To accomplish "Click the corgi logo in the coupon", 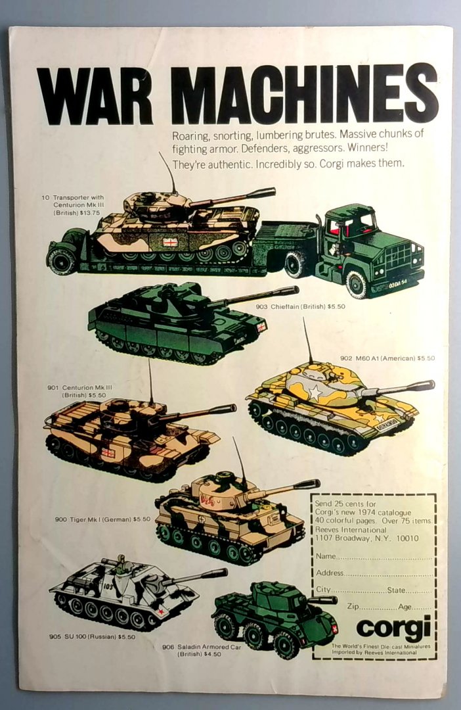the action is click(393, 627).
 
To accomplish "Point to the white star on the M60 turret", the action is click(315, 392).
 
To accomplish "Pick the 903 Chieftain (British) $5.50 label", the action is click(300, 306).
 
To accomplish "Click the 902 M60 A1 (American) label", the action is click(387, 358).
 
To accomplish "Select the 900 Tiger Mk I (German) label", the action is click(102, 519).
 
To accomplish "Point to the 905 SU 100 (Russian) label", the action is click(93, 636).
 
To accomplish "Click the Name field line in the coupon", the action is click(374, 557).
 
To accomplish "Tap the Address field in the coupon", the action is click(374, 573).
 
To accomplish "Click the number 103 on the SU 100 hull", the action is click(107, 586).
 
